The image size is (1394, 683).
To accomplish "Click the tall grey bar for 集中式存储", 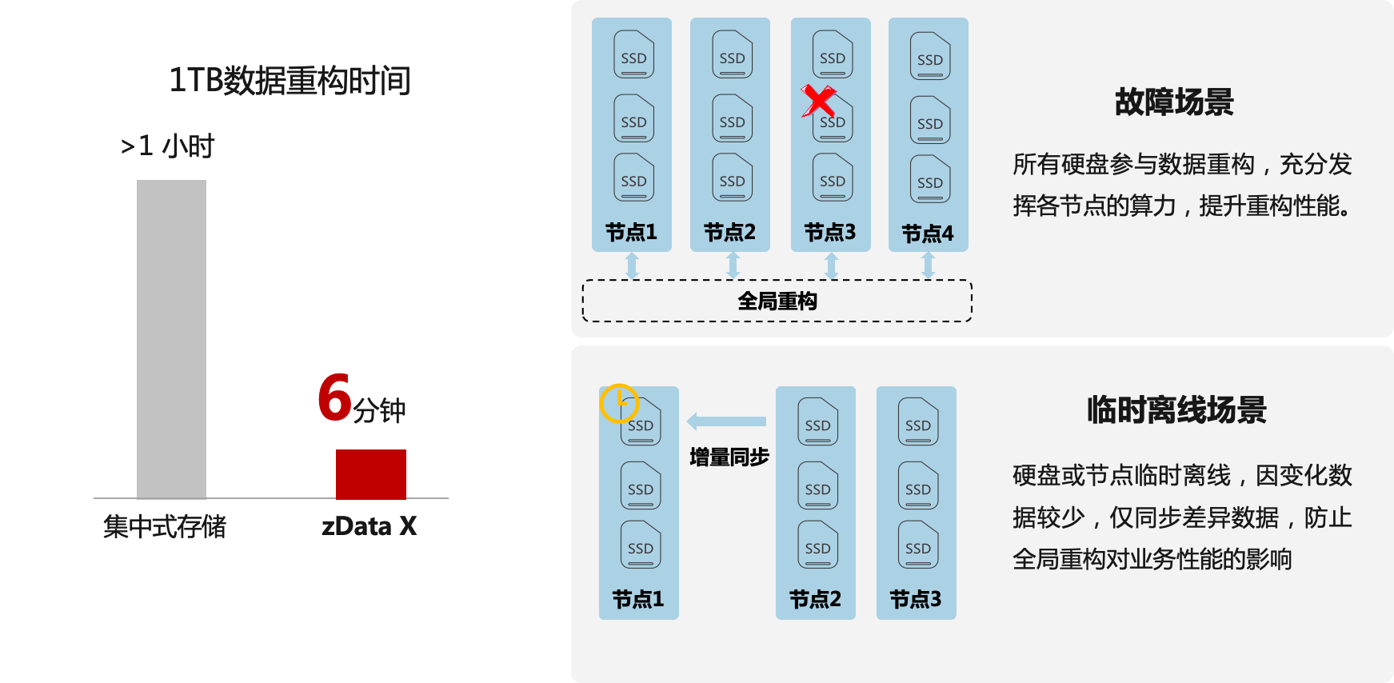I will tap(171, 339).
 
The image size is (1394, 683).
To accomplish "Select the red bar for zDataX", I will tap(370, 474).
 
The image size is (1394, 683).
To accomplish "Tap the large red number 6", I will tap(334, 397).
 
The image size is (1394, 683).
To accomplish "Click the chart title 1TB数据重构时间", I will tap(290, 81).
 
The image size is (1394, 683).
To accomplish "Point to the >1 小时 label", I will tap(167, 146).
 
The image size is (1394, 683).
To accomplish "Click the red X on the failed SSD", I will tap(817, 102).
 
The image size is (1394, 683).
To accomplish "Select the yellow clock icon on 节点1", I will tap(618, 403).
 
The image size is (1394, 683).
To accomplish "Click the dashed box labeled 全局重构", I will tap(777, 302).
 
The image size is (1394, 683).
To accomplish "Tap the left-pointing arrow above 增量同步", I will tap(726, 421).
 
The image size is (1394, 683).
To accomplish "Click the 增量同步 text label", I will tap(729, 457).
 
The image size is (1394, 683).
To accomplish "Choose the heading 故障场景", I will tap(1173, 102).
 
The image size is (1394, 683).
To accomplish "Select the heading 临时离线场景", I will tap(1176, 409).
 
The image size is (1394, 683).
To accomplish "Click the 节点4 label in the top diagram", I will tap(928, 234).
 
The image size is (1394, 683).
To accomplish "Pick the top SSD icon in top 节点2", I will tap(732, 54).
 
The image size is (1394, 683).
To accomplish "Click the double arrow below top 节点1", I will tap(632, 266).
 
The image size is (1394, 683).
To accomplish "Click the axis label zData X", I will tap(369, 526).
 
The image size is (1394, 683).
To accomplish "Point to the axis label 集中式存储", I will tap(164, 526).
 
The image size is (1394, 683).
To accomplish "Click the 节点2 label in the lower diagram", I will tap(815, 599).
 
